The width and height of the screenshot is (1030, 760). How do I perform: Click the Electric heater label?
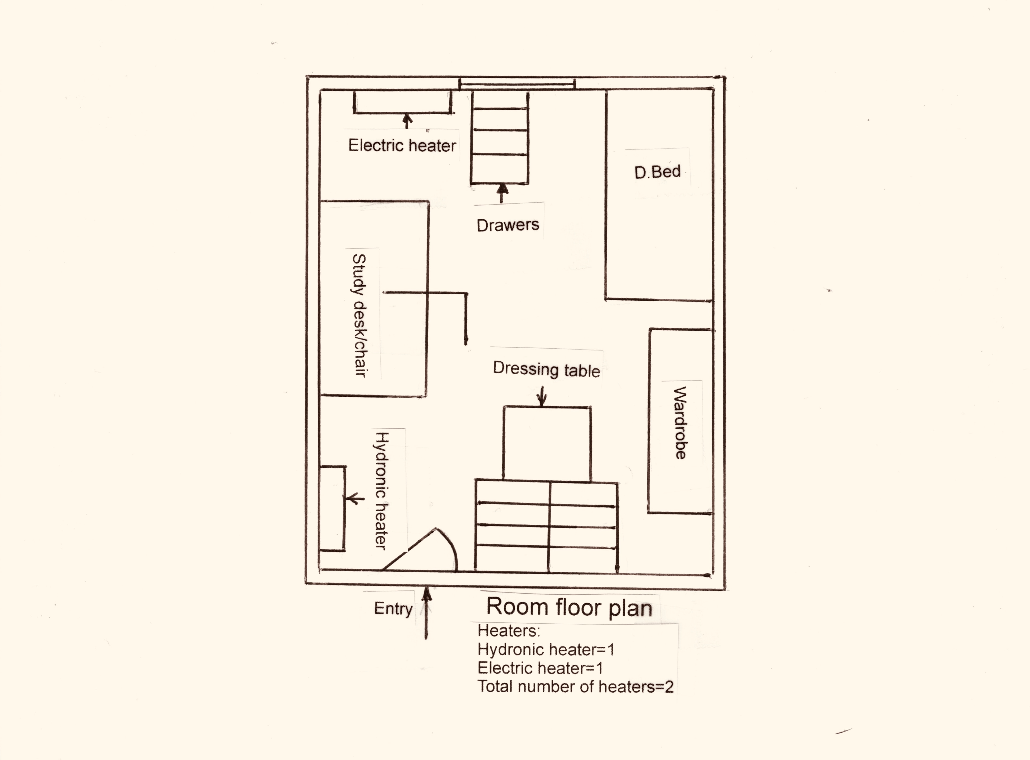pos(402,145)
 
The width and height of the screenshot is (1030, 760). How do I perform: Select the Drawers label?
pos(508,225)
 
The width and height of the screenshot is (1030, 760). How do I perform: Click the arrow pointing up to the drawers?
pos(502,193)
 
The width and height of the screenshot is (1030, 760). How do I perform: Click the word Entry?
pos(393,608)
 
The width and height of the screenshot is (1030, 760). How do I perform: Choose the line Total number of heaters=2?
pos(575,686)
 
